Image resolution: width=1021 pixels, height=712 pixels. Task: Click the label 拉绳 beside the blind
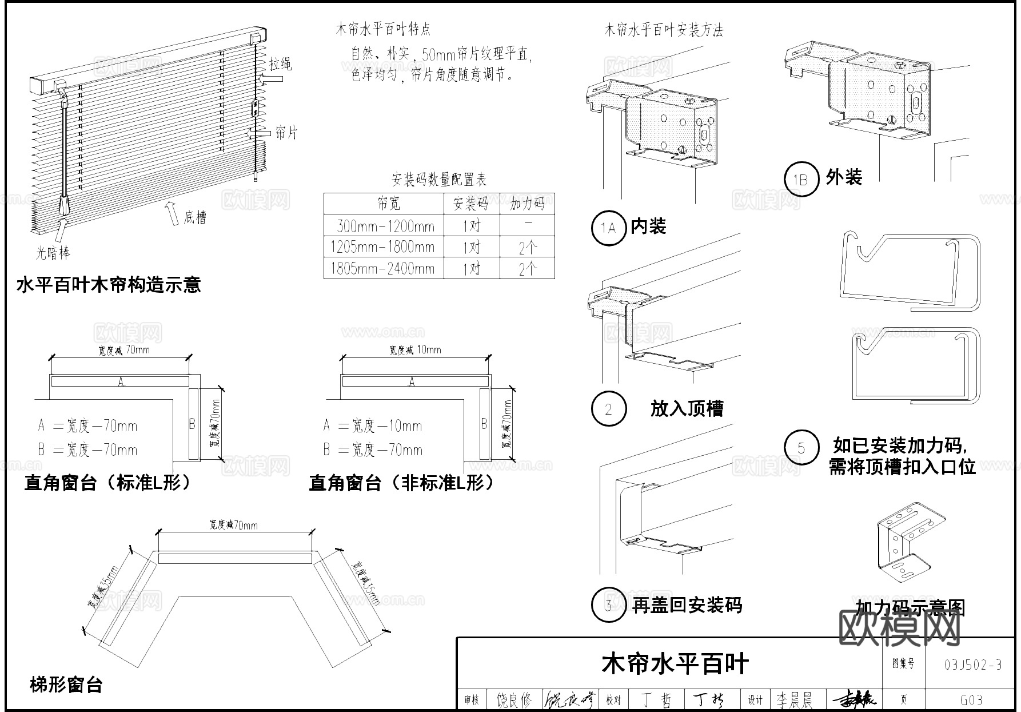281,63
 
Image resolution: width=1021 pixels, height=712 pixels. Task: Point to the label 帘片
286,133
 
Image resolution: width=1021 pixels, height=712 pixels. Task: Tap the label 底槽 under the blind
194,217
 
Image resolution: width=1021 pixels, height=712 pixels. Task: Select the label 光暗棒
53,252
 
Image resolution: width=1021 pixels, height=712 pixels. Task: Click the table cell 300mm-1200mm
385,226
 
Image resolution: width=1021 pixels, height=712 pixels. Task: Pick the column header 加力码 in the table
527,204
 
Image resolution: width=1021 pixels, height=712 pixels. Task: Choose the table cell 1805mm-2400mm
382,269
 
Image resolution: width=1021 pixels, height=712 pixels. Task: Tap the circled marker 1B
801,180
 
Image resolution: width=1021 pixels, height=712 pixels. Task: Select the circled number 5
801,448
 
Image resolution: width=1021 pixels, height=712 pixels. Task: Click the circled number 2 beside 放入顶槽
608,409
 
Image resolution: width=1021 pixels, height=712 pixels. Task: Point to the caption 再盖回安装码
687,605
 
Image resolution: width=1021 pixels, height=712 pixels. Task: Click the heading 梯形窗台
66,684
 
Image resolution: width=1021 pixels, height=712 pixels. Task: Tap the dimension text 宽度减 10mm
415,350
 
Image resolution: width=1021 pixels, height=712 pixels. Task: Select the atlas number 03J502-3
972,665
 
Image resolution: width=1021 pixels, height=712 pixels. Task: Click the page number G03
971,700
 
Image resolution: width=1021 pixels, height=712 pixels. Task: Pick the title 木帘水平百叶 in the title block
675,664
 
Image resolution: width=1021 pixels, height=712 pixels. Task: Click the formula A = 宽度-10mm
372,426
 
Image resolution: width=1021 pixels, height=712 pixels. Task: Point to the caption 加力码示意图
910,608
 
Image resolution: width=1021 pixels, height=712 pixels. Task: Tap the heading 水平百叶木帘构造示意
109,285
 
